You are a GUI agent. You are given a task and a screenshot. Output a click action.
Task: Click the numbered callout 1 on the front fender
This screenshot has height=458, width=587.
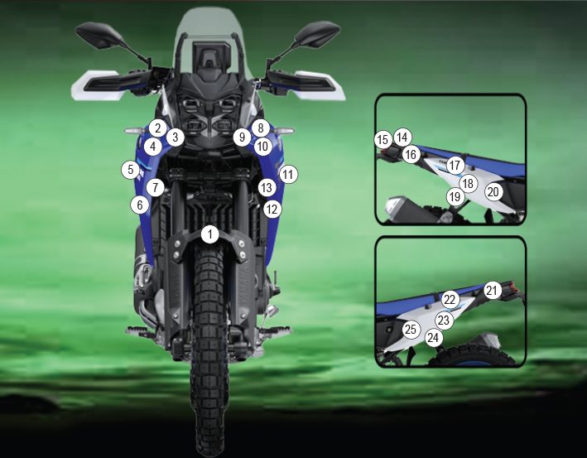pyautogui.click(x=210, y=234)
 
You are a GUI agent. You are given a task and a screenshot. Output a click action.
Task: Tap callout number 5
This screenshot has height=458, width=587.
pyautogui.click(x=130, y=170)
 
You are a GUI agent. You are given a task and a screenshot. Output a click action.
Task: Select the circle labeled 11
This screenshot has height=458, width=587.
pyautogui.click(x=288, y=174)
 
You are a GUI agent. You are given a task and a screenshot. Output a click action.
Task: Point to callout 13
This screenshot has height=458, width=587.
pyautogui.click(x=267, y=187)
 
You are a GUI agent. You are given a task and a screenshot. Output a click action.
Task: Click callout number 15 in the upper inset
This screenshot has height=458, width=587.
pyautogui.click(x=383, y=140)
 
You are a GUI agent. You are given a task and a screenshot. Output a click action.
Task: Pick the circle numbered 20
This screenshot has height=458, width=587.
pyautogui.click(x=493, y=192)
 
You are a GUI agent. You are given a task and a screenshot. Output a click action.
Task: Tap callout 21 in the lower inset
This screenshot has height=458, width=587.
pyautogui.click(x=493, y=290)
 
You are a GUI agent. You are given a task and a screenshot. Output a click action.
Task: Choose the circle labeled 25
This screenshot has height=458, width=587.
pyautogui.click(x=411, y=329)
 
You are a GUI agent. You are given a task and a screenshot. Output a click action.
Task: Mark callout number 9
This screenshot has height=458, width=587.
pyautogui.click(x=242, y=137)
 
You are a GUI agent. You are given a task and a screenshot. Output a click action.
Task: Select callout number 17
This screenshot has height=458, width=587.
pyautogui.click(x=455, y=165)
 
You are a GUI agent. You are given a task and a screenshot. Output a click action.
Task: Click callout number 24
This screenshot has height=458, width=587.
pyautogui.click(x=433, y=338)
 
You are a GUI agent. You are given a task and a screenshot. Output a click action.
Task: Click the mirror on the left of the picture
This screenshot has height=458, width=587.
pyautogui.click(x=99, y=35)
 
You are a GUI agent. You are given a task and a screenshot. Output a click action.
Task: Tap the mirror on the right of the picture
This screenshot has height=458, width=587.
pyautogui.click(x=317, y=34)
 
